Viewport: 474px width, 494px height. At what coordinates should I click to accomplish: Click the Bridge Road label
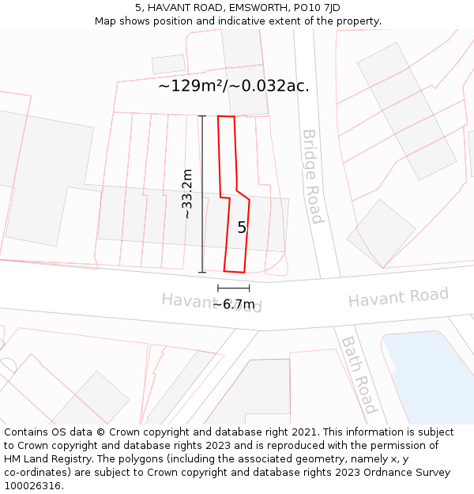click(x=311, y=176)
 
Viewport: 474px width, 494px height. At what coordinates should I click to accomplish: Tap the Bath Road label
click(x=358, y=375)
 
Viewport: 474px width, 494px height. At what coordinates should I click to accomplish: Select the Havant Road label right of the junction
click(x=398, y=298)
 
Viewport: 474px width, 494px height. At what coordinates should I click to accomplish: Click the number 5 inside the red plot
click(x=242, y=228)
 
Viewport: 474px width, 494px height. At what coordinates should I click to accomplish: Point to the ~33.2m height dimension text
click(x=187, y=194)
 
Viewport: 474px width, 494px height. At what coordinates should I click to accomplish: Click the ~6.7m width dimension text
click(x=234, y=304)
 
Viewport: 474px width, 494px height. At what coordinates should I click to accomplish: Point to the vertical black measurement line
click(x=202, y=194)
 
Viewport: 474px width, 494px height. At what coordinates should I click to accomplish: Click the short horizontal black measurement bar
click(x=234, y=288)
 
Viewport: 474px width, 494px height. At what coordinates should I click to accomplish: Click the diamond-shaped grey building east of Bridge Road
click(x=381, y=233)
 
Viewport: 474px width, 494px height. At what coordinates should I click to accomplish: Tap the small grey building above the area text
click(x=168, y=64)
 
